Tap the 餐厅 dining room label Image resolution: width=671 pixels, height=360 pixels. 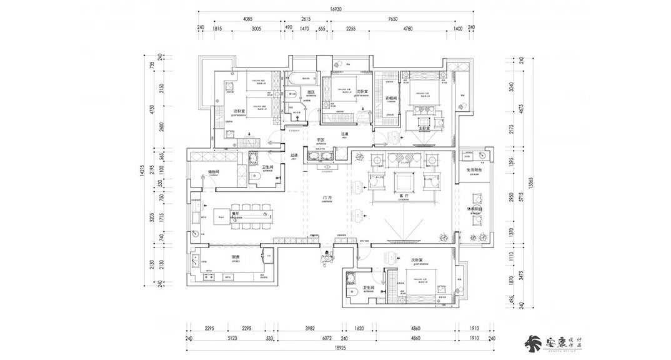click(236, 214)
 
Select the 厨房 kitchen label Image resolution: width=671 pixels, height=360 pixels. click(236, 257)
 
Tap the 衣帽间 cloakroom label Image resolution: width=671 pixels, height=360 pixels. click(391, 97)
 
